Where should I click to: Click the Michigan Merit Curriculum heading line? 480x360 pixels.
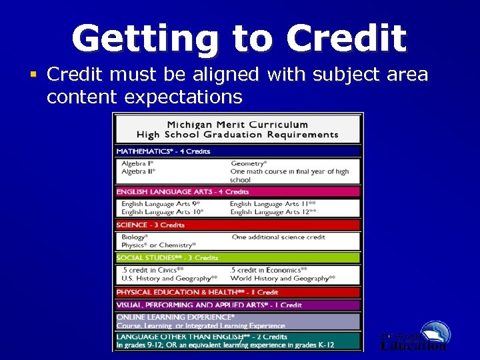click(237, 125)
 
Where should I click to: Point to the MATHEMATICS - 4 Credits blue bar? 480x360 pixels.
click(237, 151)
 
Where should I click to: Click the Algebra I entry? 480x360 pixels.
click(137, 163)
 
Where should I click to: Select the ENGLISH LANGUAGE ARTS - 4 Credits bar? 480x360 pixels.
click(237, 192)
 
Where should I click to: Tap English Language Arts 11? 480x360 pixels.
click(273, 204)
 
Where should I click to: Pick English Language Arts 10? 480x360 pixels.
click(162, 212)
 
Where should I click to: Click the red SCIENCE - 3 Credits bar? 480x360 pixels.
click(237, 225)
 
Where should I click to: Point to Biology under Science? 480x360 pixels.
click(135, 237)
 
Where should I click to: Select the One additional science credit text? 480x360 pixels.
click(279, 237)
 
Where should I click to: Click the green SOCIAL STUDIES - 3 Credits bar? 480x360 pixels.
click(237, 258)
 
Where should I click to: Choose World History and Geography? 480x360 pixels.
click(282, 279)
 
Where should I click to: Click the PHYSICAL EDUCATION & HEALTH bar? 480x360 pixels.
click(237, 293)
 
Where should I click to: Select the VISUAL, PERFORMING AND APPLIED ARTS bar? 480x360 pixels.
click(237, 305)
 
